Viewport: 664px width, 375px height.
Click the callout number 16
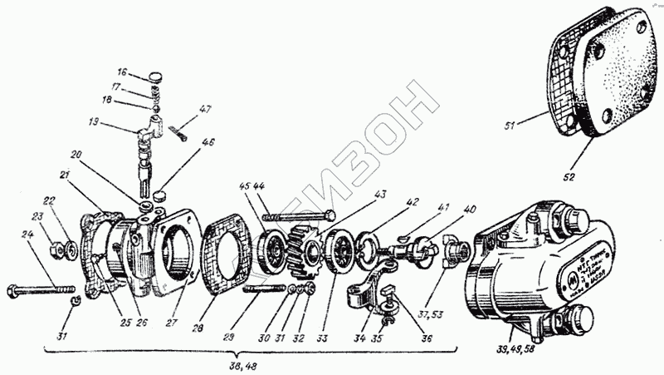[122, 72]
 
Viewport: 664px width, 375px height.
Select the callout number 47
[205, 109]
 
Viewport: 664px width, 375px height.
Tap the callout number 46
[207, 142]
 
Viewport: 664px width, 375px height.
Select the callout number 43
[381, 195]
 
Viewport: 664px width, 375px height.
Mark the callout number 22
[49, 200]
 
